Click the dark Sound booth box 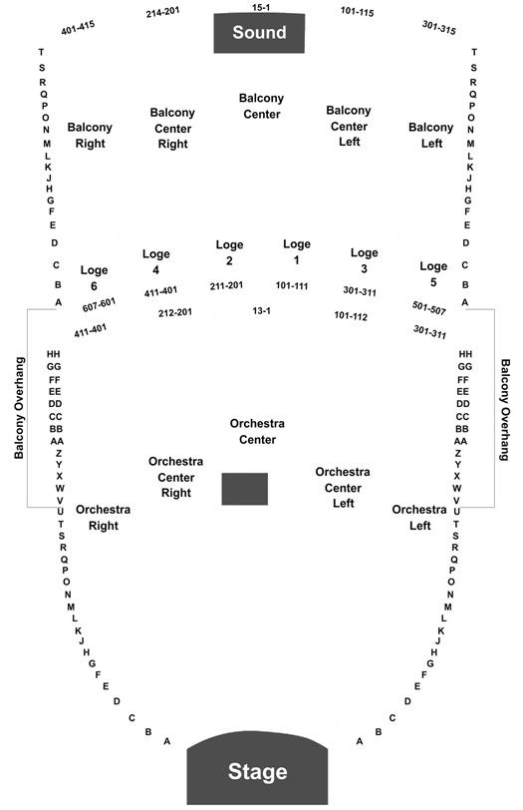click(x=259, y=33)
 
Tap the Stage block click(x=257, y=770)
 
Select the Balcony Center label click(x=261, y=106)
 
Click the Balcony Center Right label click(x=172, y=128)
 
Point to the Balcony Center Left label click(x=349, y=126)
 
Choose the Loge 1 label click(x=297, y=252)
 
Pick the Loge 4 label click(x=155, y=262)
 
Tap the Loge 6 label click(x=94, y=278)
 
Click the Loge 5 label click(x=433, y=274)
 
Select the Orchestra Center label click(x=257, y=431)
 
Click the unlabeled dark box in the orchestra click(x=244, y=489)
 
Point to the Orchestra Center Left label click(x=343, y=488)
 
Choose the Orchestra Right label click(x=104, y=518)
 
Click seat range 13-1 click(x=261, y=310)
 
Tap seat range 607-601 click(x=99, y=305)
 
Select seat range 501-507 click(x=429, y=308)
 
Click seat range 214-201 click(x=162, y=12)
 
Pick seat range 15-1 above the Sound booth click(x=261, y=7)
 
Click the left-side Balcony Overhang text click(x=19, y=408)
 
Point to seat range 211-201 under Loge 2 click(x=226, y=285)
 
